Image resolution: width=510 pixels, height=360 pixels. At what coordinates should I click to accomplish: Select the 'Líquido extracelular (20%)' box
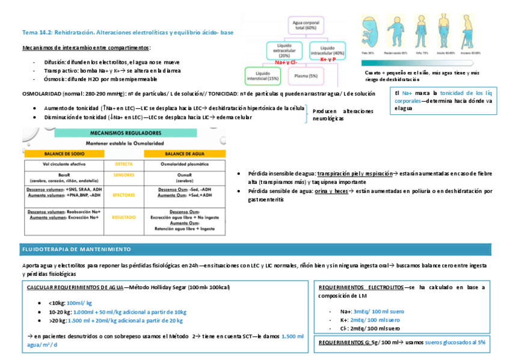click(x=284, y=50)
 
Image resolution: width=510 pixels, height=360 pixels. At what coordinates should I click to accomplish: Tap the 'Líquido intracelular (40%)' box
click(x=331, y=50)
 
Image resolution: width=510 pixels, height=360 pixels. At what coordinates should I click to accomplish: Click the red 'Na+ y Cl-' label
click(x=286, y=62)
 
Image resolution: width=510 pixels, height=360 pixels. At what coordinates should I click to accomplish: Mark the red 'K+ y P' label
click(x=328, y=59)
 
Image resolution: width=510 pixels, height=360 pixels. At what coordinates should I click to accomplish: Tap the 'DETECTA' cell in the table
click(x=123, y=163)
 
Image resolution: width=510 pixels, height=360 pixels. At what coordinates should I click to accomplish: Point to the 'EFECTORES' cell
click(x=123, y=195)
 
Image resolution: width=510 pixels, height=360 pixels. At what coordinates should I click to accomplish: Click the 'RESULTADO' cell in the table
click(x=123, y=218)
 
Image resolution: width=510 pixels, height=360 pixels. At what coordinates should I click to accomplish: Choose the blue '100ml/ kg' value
click(x=79, y=303)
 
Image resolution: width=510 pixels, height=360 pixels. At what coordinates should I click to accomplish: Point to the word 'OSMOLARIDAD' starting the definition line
click(x=40, y=94)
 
